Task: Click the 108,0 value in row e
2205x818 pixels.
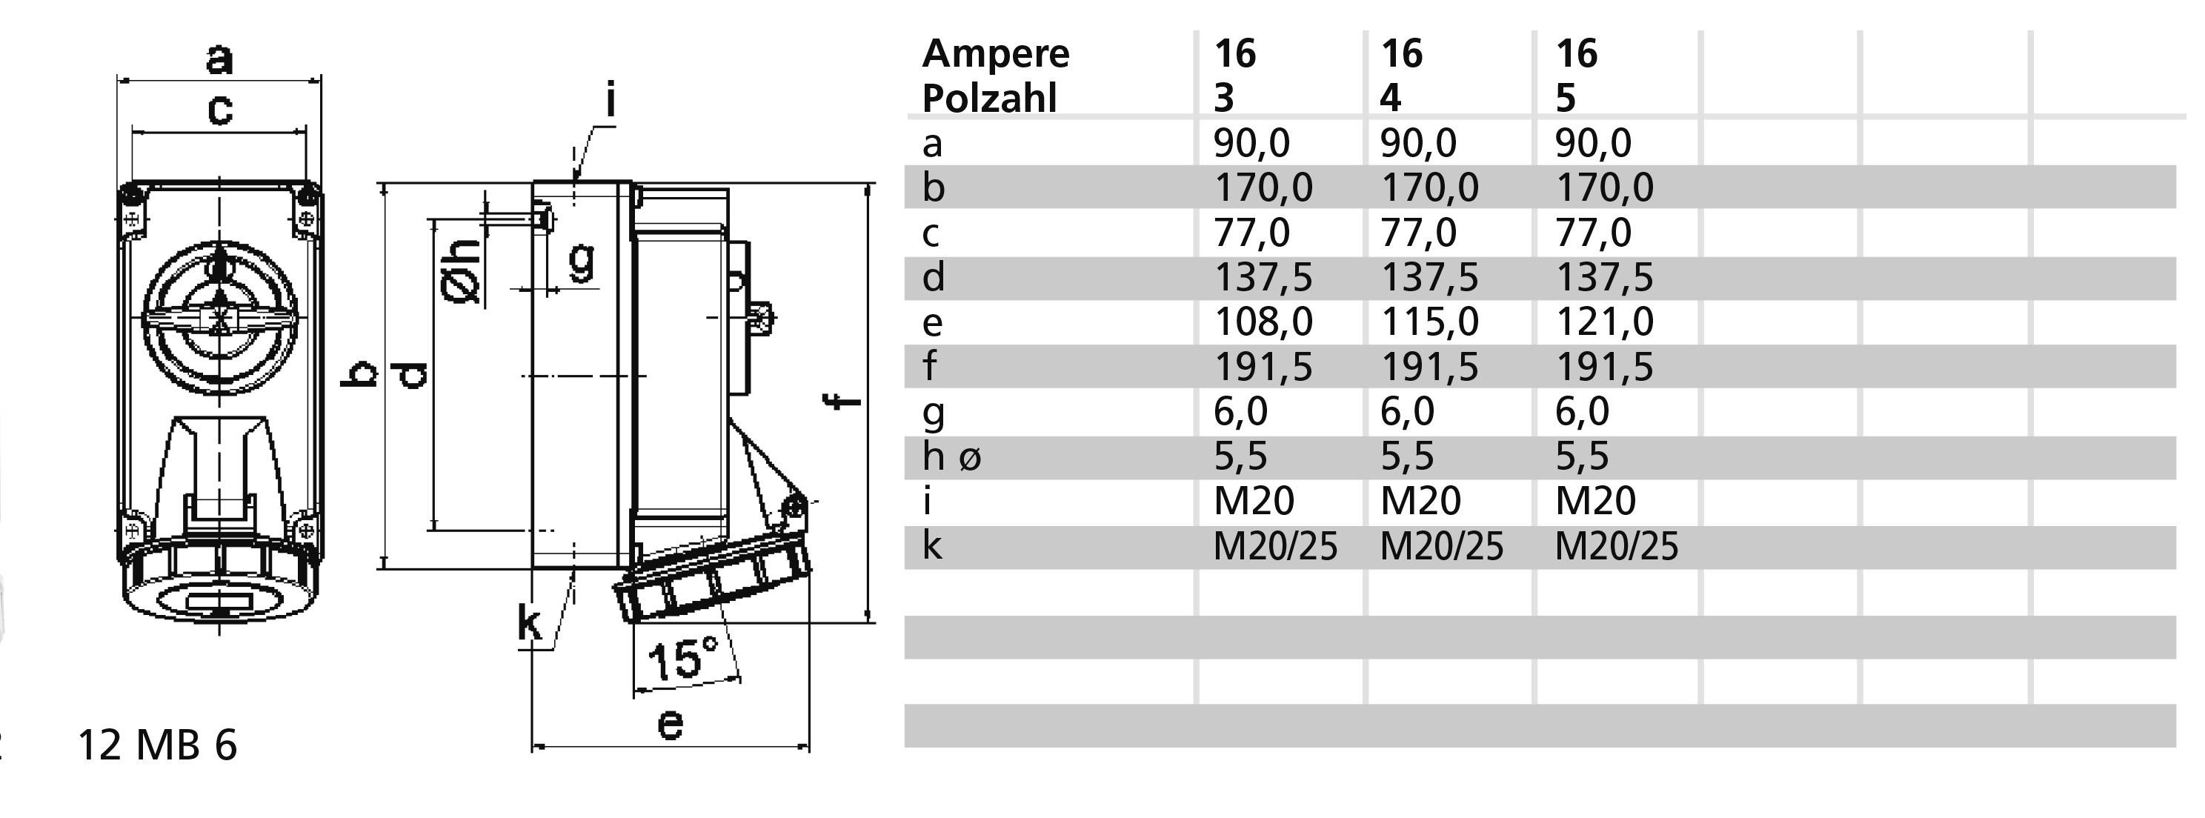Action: (x=1263, y=322)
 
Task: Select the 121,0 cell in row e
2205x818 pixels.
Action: (x=1603, y=322)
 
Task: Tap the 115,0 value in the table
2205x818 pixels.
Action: (x=1429, y=322)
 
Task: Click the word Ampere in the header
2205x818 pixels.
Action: (x=996, y=54)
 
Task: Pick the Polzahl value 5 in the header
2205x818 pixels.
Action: (x=1565, y=99)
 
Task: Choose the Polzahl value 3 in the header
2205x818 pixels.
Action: (x=1224, y=99)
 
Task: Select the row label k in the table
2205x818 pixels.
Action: (x=932, y=546)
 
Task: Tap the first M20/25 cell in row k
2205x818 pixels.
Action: (x=1274, y=546)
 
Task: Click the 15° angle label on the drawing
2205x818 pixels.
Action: (x=682, y=659)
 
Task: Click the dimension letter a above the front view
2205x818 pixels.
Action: (x=219, y=59)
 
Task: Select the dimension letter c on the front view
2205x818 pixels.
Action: (x=220, y=110)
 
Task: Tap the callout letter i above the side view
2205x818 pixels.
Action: (x=610, y=101)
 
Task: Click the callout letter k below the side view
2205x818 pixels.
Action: (x=530, y=623)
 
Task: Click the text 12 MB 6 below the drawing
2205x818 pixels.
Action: (x=156, y=745)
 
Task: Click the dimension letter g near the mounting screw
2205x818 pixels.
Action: (x=581, y=260)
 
